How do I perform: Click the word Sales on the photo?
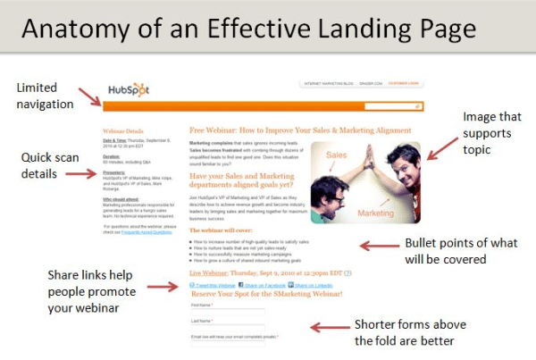coord(337,154)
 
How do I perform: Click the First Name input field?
coord(227,313)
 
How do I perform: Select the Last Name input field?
coord(227,329)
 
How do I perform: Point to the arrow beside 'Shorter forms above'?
coord(328,326)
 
